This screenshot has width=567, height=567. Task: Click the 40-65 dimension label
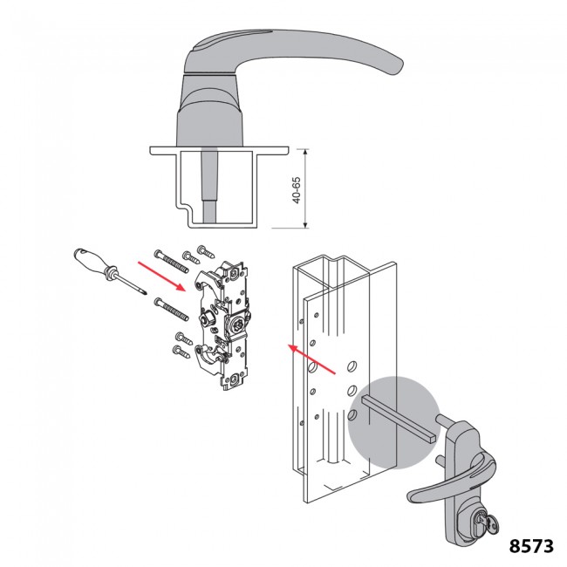point(297,189)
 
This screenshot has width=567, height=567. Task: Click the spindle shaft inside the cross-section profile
point(211,188)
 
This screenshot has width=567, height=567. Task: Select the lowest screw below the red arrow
point(181,352)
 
